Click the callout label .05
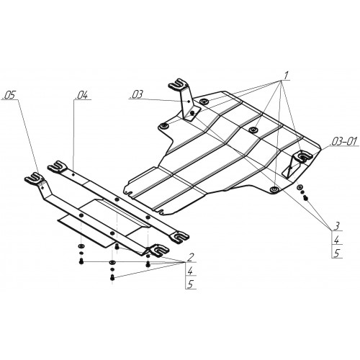click(9, 96)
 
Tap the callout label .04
click(81, 96)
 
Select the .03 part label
click(137, 94)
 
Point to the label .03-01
click(344, 141)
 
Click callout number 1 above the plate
click(286, 76)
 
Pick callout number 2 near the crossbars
click(190, 257)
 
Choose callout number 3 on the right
click(337, 226)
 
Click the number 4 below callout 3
click(337, 240)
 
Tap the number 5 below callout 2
click(191, 284)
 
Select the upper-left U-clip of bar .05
click(35, 178)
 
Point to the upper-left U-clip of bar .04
click(57, 166)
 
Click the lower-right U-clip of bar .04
click(179, 237)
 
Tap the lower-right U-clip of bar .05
click(158, 251)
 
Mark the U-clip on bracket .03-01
click(304, 156)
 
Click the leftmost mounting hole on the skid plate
click(164, 126)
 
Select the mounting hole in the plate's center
click(253, 130)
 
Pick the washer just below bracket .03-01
click(300, 187)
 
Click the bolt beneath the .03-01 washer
click(306, 198)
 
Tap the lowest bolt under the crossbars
click(112, 277)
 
